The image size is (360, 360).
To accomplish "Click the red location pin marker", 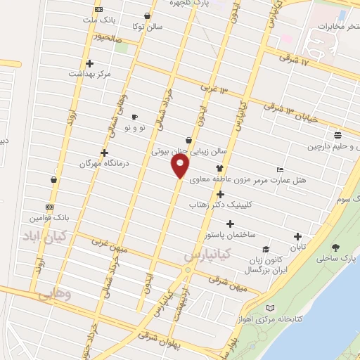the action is click(181, 166).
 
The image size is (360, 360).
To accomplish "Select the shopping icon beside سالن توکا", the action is click(146, 15).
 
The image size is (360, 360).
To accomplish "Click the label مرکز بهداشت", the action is click(90, 72).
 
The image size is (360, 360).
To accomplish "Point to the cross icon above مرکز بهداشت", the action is click(89, 63).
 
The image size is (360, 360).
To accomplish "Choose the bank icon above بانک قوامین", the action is click(49, 207).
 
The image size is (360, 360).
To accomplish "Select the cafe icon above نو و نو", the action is click(134, 117).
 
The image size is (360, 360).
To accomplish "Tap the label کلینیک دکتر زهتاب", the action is click(219, 205).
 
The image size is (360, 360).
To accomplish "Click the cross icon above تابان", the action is click(297, 237).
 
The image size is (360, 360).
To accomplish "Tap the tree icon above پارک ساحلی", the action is click(335, 247).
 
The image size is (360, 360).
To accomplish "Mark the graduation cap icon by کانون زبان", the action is click(265, 250).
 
